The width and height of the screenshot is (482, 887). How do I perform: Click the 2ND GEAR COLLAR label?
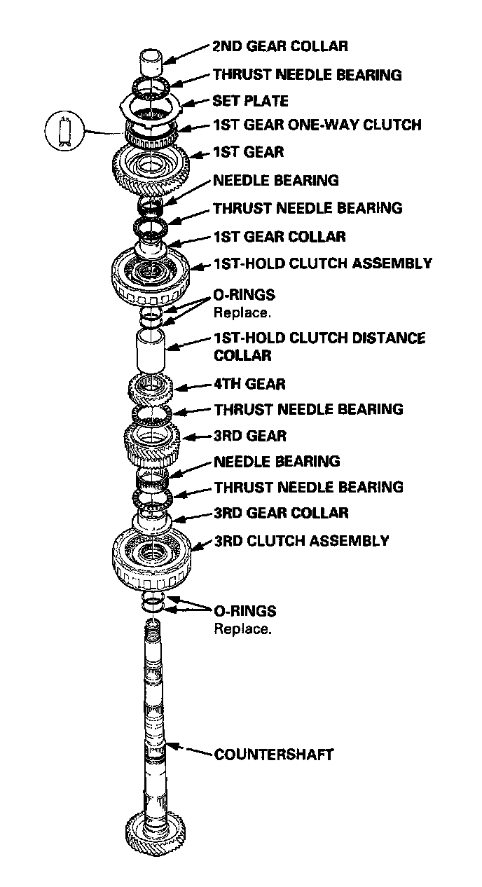point(280,47)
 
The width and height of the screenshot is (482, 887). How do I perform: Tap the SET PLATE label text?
point(250,101)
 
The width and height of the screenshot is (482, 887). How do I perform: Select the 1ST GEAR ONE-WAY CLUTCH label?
point(317,125)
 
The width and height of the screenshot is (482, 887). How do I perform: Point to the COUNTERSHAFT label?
point(274,755)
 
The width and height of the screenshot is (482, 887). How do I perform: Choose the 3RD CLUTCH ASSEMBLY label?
point(301,541)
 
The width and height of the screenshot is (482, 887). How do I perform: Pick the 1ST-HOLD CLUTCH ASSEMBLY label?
point(322,264)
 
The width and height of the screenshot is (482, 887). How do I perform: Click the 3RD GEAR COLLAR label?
point(281,513)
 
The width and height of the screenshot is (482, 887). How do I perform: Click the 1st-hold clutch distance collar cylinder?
point(151,352)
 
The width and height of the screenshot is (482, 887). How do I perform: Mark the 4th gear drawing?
point(151,385)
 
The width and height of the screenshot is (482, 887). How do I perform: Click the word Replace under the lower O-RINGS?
point(242,628)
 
